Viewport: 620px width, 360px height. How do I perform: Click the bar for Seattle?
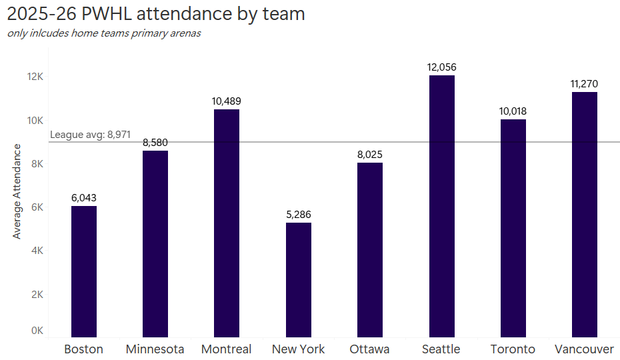point(441,206)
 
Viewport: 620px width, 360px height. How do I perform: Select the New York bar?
point(298,279)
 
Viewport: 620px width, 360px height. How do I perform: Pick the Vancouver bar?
point(585,214)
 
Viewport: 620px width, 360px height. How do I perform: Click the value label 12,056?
point(441,67)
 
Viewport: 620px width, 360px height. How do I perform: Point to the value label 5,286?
point(298,215)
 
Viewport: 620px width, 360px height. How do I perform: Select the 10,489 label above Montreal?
point(227,101)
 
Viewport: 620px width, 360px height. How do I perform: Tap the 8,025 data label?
point(370,155)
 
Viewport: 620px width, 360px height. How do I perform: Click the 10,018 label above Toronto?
point(513,111)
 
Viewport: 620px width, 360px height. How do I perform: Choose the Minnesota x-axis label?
point(155,349)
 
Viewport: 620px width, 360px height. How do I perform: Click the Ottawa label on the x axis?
point(369,349)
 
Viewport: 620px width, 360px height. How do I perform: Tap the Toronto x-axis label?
point(513,349)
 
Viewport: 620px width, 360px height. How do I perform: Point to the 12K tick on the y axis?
point(35,77)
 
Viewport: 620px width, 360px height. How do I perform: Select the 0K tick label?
point(37,331)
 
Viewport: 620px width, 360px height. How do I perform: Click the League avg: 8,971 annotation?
point(91,135)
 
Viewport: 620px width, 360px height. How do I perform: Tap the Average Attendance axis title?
point(17,191)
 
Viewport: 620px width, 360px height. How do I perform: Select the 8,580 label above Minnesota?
point(155,143)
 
